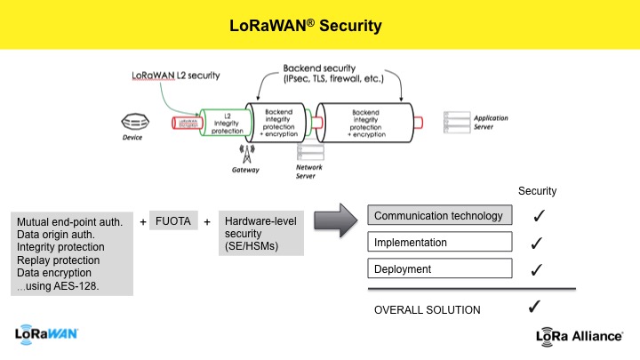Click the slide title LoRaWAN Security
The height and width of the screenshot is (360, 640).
click(301, 26)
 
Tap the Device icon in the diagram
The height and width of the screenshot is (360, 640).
click(134, 120)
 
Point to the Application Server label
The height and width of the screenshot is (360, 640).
click(491, 122)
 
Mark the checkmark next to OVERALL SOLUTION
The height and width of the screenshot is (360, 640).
click(534, 308)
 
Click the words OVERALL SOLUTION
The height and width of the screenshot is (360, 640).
click(427, 309)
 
